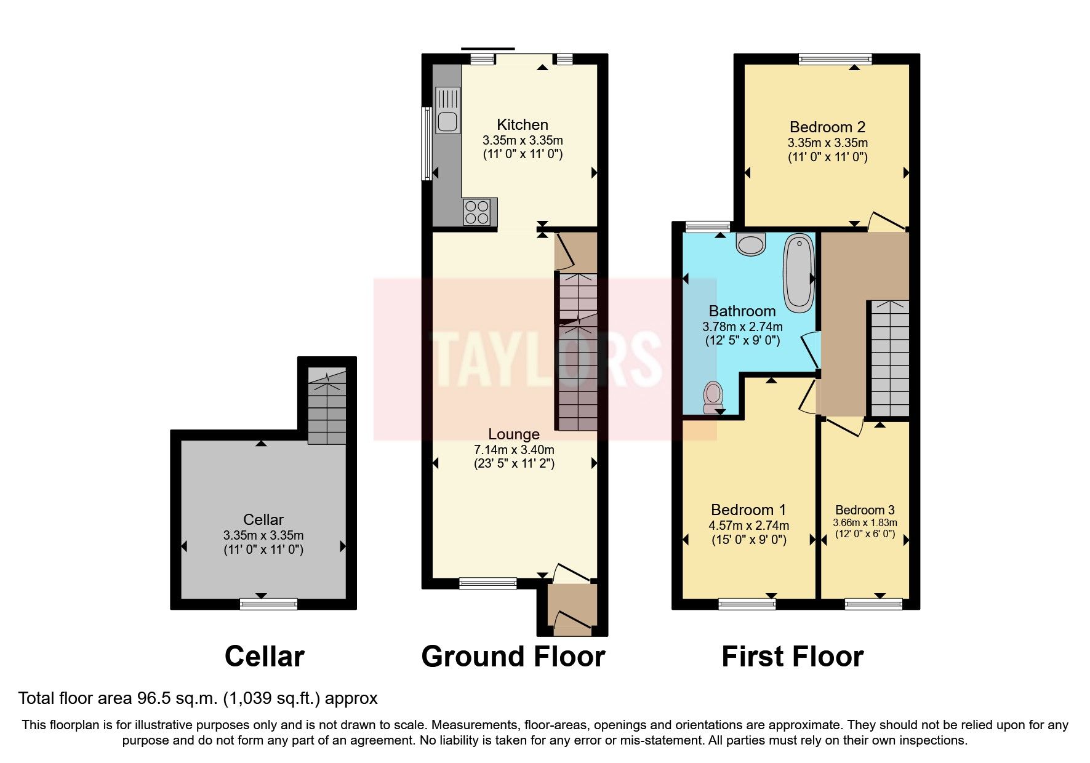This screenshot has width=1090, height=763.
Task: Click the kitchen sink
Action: pos(447,111)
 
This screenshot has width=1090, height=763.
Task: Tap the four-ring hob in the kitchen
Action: pos(478,212)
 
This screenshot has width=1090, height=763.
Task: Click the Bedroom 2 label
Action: pos(827,127)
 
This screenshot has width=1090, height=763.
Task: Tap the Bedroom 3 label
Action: pos(864,510)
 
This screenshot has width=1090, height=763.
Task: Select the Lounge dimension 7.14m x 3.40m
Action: pos(513,450)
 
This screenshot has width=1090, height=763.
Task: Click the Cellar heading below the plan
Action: pos(264,657)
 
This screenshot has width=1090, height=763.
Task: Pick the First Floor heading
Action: pos(792,657)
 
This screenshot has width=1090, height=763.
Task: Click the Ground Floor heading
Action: pos(513,657)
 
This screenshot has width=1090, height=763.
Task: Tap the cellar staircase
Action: pos(327,406)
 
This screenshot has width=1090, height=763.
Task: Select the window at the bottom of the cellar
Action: pos(268,604)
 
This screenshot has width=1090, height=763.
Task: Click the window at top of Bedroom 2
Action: pos(835,59)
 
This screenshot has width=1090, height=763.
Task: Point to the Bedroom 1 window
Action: pos(747,604)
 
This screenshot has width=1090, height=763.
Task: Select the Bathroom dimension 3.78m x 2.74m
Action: pos(742,327)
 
